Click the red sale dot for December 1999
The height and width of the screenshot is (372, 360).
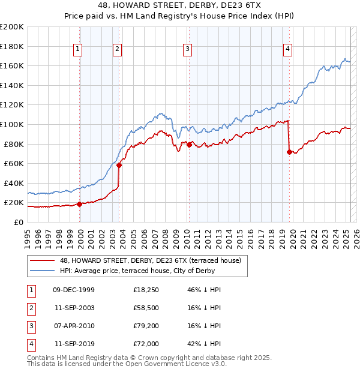(x=80, y=204)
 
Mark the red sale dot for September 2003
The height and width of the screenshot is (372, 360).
(x=119, y=165)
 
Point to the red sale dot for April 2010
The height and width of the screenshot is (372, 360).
(x=189, y=145)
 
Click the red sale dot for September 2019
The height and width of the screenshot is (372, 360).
(x=289, y=152)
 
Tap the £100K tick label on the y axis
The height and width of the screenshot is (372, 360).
(x=12, y=124)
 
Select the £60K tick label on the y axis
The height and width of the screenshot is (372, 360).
(x=14, y=163)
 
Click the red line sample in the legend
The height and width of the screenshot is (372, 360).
(x=43, y=260)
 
